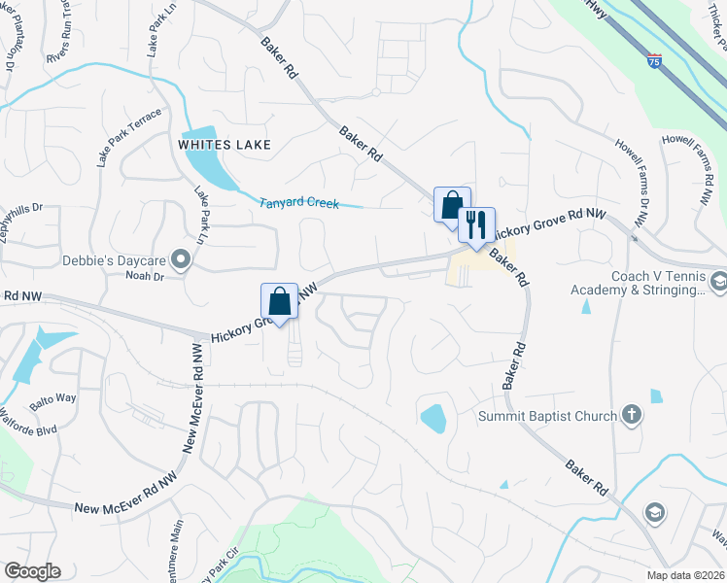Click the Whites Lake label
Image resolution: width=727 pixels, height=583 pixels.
(224, 145)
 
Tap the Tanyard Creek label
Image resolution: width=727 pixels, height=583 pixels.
(298, 203)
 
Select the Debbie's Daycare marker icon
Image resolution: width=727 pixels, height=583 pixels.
(180, 258)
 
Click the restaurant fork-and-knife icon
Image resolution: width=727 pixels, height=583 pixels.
(476, 225)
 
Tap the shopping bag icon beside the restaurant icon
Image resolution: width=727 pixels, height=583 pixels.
(452, 205)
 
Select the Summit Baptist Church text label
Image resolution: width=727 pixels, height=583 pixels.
(547, 417)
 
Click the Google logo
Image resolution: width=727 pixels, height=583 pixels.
(32, 571)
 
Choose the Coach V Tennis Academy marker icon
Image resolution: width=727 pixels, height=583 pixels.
(718, 283)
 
